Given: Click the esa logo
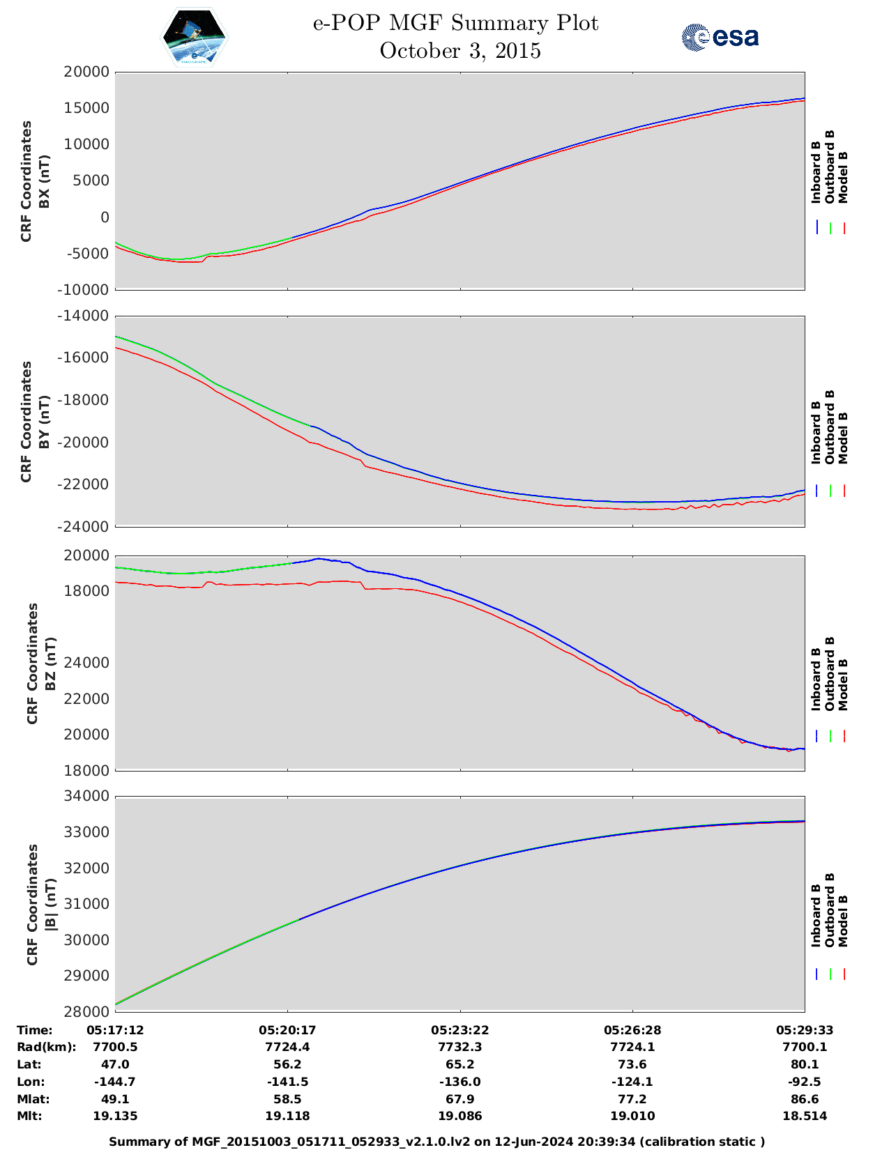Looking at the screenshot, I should point(720,37).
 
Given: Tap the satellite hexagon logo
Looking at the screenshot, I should point(195,37).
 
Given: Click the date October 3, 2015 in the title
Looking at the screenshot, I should point(459,51).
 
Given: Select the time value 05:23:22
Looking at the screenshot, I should point(459,1030).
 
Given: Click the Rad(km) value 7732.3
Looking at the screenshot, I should point(459,1047).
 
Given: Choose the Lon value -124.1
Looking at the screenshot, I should point(632,1082).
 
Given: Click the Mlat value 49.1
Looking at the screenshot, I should point(115,1099).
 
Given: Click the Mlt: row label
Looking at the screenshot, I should point(29,1116).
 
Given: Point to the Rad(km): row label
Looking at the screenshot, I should point(46,1047).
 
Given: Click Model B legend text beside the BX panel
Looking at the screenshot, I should point(843,177).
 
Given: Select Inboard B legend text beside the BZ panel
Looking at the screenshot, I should point(816,680).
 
